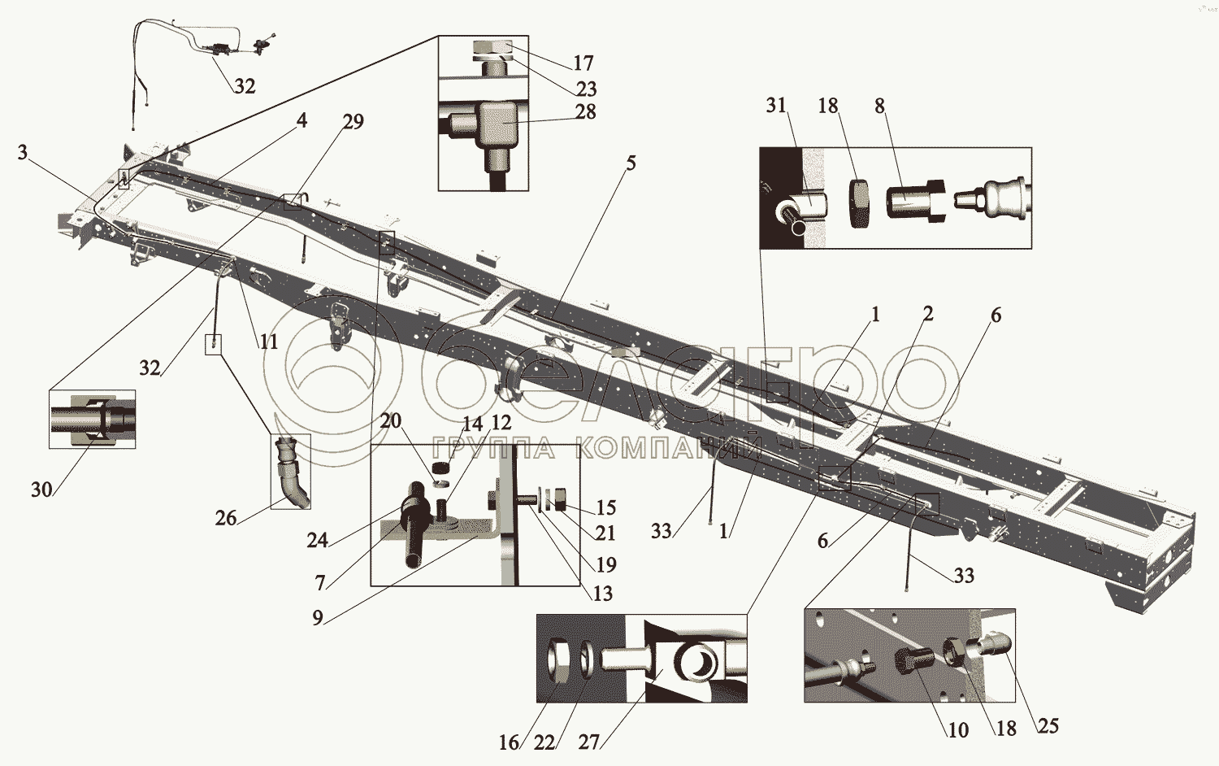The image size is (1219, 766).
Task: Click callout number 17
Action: (583, 63)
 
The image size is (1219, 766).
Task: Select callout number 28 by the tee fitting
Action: (586, 111)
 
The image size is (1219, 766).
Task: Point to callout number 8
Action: (880, 106)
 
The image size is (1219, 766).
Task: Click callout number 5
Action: (630, 163)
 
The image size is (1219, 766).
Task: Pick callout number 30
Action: (42, 490)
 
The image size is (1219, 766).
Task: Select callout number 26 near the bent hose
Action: (226, 518)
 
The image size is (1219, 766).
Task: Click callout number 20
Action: (391, 421)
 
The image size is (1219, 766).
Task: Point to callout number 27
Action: (589, 742)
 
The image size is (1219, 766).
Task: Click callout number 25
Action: (1048, 725)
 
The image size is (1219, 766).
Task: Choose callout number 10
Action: (958, 730)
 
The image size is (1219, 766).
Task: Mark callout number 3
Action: (22, 152)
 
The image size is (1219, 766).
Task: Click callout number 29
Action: (353, 121)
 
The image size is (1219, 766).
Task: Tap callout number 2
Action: (928, 314)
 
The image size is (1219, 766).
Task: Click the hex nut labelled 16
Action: (557, 661)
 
